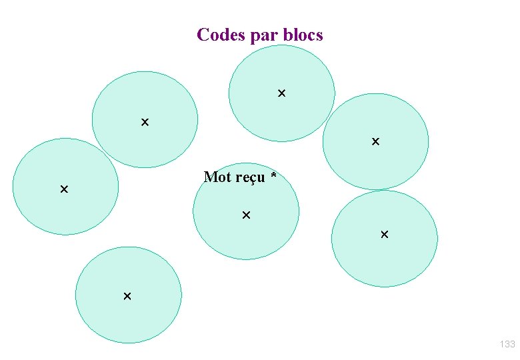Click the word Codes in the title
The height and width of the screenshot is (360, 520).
(221, 35)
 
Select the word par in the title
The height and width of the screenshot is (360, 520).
(265, 35)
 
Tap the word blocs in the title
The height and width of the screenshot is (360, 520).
(303, 35)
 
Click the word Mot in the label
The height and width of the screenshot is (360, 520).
(217, 177)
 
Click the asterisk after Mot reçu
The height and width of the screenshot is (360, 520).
(273, 177)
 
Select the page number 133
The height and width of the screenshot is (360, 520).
(507, 344)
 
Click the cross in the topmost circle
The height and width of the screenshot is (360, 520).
(281, 93)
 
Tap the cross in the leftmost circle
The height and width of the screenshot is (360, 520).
(64, 189)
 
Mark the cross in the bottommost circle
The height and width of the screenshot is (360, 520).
(127, 295)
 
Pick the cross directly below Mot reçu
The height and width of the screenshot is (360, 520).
(246, 215)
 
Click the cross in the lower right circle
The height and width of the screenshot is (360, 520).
(384, 235)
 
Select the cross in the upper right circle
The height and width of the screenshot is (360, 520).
(375, 141)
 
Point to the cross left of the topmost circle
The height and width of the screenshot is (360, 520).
(145, 122)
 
